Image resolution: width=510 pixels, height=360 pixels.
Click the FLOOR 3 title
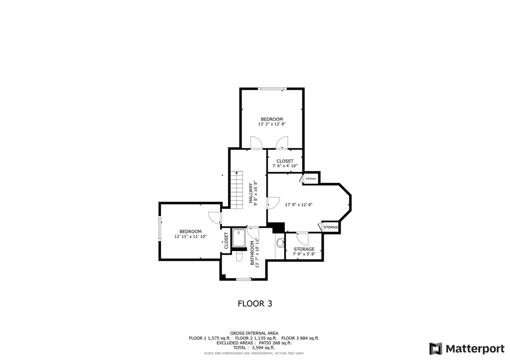coord(255,303)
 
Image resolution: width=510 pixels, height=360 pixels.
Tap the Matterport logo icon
coord(435,349)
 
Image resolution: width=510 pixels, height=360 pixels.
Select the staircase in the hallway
coord(237,190)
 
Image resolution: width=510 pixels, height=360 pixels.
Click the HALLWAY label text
coord(251,193)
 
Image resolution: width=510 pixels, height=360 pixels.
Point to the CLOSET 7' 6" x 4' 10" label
coord(285,163)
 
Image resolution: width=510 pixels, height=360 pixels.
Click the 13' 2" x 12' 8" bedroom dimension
coord(272,124)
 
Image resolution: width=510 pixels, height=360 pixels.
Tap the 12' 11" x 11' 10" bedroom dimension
coord(191,237)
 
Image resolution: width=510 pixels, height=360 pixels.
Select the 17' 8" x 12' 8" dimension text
coord(299,205)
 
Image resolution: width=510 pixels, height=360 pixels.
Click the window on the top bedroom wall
coord(272,89)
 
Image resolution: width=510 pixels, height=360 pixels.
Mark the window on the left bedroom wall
coord(160,229)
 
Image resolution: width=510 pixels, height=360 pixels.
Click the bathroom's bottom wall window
coord(244,279)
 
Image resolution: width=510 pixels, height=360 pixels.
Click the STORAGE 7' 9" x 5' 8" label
coord(304,251)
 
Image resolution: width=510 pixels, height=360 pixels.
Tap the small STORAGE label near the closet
coord(311,179)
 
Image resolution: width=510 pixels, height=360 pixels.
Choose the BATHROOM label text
coord(253,253)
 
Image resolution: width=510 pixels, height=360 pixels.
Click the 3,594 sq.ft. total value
coord(263,348)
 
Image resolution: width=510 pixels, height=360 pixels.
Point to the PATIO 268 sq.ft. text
coord(275,343)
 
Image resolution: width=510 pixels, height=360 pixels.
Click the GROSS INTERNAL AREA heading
coord(254,333)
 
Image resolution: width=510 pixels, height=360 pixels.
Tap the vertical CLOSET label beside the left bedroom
coord(227,240)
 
